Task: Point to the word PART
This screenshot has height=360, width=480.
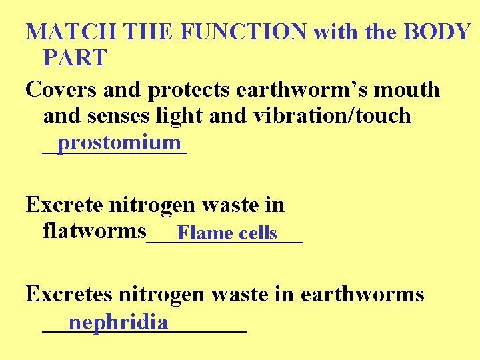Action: tap(74, 58)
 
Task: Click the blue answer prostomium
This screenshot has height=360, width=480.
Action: tap(119, 142)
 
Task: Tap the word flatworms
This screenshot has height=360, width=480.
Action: tap(94, 231)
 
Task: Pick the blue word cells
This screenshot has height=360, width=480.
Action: tap(257, 233)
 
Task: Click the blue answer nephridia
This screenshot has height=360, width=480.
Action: tap(118, 323)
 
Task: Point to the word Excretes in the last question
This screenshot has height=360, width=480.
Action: tap(69, 295)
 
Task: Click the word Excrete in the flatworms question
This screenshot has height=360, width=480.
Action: tap(64, 205)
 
